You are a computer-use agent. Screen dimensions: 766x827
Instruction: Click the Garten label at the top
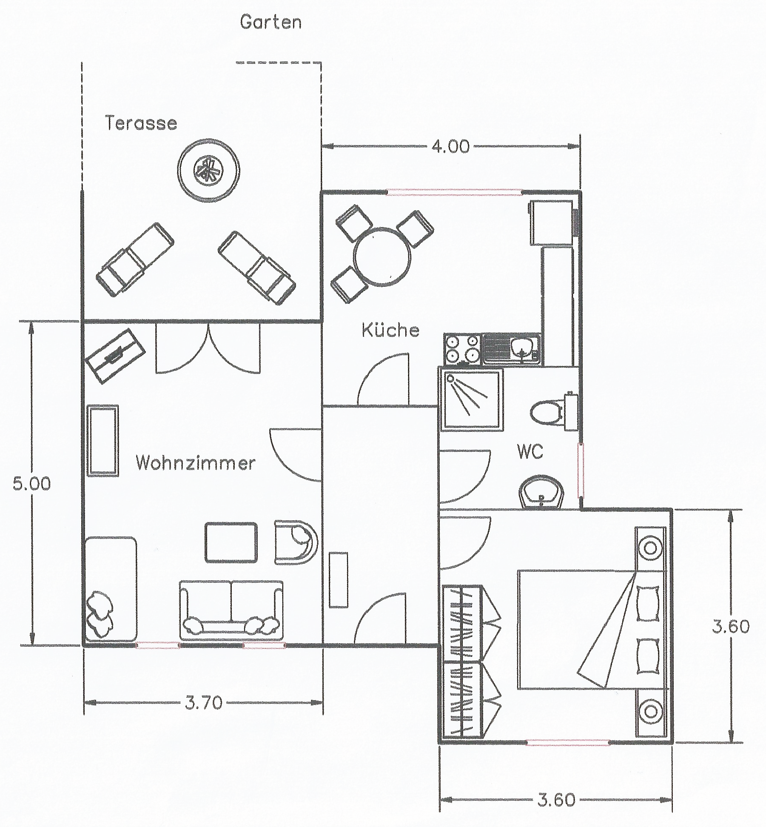tap(271, 22)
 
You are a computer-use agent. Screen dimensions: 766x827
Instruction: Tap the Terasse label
tap(141, 123)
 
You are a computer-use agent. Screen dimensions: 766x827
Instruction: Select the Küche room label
tap(390, 330)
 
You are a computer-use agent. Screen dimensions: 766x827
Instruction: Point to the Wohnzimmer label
tap(196, 462)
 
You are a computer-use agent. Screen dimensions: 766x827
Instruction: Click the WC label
tap(530, 451)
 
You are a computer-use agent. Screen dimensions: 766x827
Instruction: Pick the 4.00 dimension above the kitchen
tap(450, 146)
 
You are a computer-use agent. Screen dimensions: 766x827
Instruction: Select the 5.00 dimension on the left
tap(31, 484)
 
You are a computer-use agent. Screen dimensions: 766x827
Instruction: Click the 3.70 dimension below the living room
tap(204, 703)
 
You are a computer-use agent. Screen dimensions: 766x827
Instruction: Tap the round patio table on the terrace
tap(208, 169)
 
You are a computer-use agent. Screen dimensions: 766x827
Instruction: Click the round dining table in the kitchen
tap(383, 257)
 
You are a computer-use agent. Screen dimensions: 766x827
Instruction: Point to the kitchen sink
tap(512, 349)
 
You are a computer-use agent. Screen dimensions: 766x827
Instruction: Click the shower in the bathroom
tap(471, 399)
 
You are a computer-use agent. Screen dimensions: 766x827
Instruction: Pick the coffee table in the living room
tap(231, 542)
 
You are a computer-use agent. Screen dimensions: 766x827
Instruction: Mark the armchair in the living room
tap(296, 542)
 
